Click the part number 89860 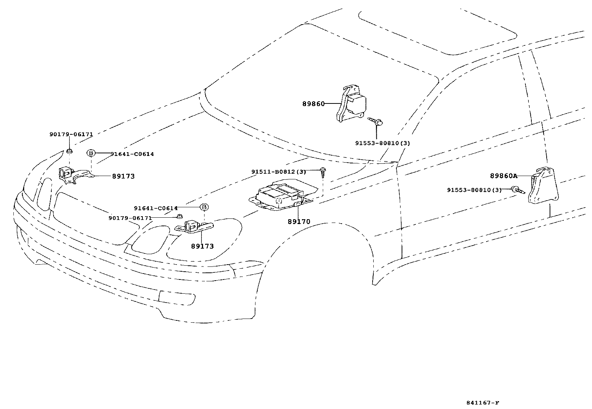point(313,103)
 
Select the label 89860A point(503,176)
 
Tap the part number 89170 point(299,222)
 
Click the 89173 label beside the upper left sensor point(123,176)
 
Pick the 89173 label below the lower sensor point(202,246)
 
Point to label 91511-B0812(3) point(279,172)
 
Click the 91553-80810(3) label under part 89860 point(382,143)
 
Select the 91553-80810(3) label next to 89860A point(474,190)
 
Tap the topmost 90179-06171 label point(71,134)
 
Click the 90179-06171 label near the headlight point(130,218)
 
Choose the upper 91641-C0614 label point(132,154)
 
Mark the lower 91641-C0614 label point(156,208)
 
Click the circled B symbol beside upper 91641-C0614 point(91,153)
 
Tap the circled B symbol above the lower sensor point(204,207)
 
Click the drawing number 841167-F point(482,403)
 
